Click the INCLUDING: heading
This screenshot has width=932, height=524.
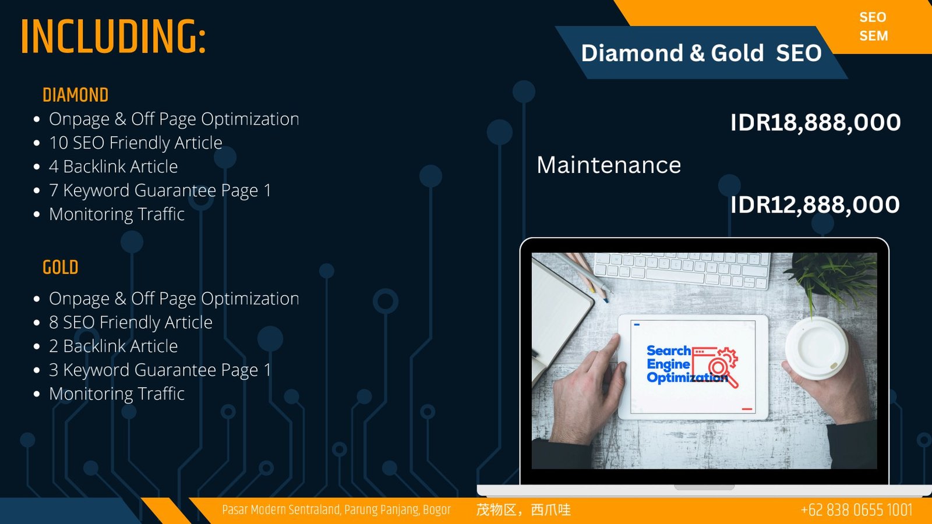coord(113,37)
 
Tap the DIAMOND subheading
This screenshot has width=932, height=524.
coord(75,95)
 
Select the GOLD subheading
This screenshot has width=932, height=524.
coord(61,267)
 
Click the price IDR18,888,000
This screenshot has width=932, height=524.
coord(815,122)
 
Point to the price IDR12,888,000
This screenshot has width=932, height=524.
coord(815,204)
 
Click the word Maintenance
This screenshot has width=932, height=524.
coord(609,165)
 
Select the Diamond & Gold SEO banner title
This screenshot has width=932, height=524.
coord(701,53)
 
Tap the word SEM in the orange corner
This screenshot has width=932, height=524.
coord(874,36)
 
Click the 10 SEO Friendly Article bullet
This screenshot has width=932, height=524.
coord(136,143)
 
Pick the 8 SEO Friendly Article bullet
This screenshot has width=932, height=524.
coord(130,323)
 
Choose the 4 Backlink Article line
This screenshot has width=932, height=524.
coord(113,167)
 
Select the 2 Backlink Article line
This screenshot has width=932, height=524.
coord(113,346)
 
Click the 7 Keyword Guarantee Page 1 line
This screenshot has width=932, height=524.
coord(160,190)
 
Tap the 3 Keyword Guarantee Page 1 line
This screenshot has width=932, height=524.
coord(160,370)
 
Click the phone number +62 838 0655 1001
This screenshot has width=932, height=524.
coord(857,510)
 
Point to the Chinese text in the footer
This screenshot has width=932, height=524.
coord(524,510)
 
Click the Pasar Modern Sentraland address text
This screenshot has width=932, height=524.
coord(336,510)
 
